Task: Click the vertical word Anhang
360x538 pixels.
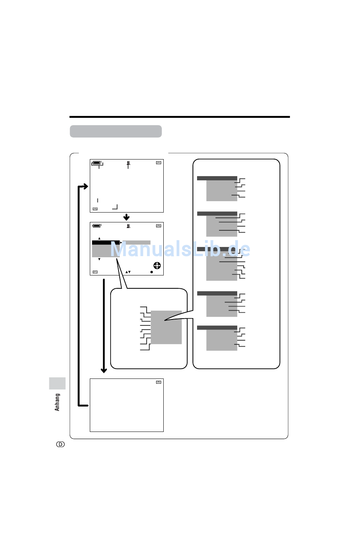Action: point(57,402)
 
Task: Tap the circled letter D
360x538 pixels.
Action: point(60,444)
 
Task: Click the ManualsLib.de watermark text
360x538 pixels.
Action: point(180,249)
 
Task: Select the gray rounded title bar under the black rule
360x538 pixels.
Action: point(116,131)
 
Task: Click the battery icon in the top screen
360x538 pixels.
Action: point(97,163)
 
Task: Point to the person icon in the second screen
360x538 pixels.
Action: point(128,226)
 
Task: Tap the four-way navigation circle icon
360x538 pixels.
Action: point(157,265)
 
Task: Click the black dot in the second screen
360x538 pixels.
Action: point(152,272)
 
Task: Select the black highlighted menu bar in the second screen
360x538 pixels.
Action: point(106,242)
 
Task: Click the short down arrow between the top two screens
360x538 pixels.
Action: point(126,217)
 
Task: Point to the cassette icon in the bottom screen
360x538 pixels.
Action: point(158,382)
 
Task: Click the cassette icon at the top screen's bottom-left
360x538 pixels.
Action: point(95,209)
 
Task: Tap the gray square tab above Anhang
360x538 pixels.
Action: point(57,383)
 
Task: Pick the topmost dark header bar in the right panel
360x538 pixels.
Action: point(217,178)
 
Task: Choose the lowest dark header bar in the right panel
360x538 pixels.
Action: point(217,328)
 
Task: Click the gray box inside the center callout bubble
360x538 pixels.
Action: point(166,327)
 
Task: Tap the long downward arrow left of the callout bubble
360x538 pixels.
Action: point(104,326)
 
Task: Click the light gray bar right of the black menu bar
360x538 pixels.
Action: point(136,242)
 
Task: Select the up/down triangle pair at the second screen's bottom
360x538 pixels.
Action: point(128,272)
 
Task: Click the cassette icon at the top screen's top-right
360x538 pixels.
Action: point(158,163)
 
